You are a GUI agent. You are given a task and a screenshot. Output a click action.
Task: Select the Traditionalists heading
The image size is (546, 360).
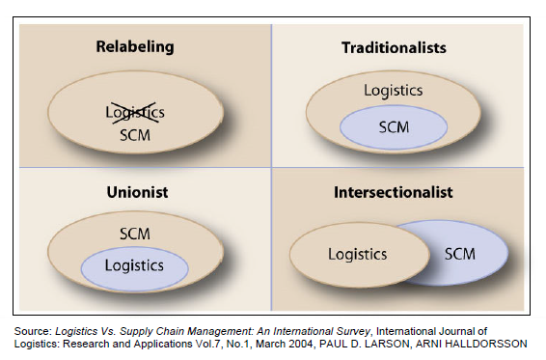(393, 45)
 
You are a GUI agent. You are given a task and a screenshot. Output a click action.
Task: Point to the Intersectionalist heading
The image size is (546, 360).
(393, 192)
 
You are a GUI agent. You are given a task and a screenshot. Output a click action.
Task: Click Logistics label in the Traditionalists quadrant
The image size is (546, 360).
(393, 90)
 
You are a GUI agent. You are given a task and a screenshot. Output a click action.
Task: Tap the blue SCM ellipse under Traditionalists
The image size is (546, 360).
(394, 125)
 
